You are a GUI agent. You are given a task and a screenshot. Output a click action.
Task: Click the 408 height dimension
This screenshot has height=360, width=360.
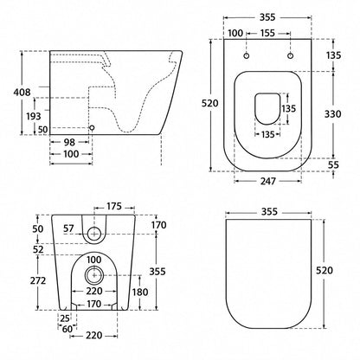tap(22, 93)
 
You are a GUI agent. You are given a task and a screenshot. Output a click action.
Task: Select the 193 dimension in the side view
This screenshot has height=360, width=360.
tap(34, 116)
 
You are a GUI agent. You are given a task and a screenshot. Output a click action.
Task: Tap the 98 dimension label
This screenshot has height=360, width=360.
tap(69, 142)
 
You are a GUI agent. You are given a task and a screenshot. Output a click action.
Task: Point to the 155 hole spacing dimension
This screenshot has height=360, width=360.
tap(267, 33)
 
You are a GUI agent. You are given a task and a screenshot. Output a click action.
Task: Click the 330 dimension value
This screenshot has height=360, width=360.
tap(332, 114)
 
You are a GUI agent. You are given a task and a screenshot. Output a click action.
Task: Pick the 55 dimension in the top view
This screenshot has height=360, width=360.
tap(333, 165)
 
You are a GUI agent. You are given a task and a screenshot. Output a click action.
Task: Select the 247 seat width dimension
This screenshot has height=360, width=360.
tap(268, 181)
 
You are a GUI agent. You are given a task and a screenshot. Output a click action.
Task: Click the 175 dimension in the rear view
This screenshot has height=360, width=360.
tap(114, 207)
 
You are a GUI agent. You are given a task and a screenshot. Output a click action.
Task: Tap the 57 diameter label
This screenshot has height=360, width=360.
tap(68, 228)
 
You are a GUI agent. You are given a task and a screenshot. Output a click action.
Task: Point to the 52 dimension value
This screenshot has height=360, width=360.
tap(38, 250)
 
